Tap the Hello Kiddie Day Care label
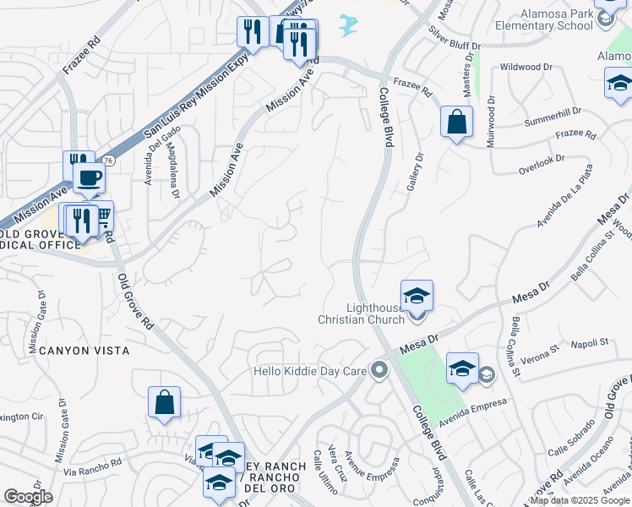coord(313,371)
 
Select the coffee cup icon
coord(89,178)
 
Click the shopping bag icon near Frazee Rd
coord(456,123)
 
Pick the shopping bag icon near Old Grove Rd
coord(164,403)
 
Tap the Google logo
coord(28,497)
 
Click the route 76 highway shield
coord(108,161)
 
